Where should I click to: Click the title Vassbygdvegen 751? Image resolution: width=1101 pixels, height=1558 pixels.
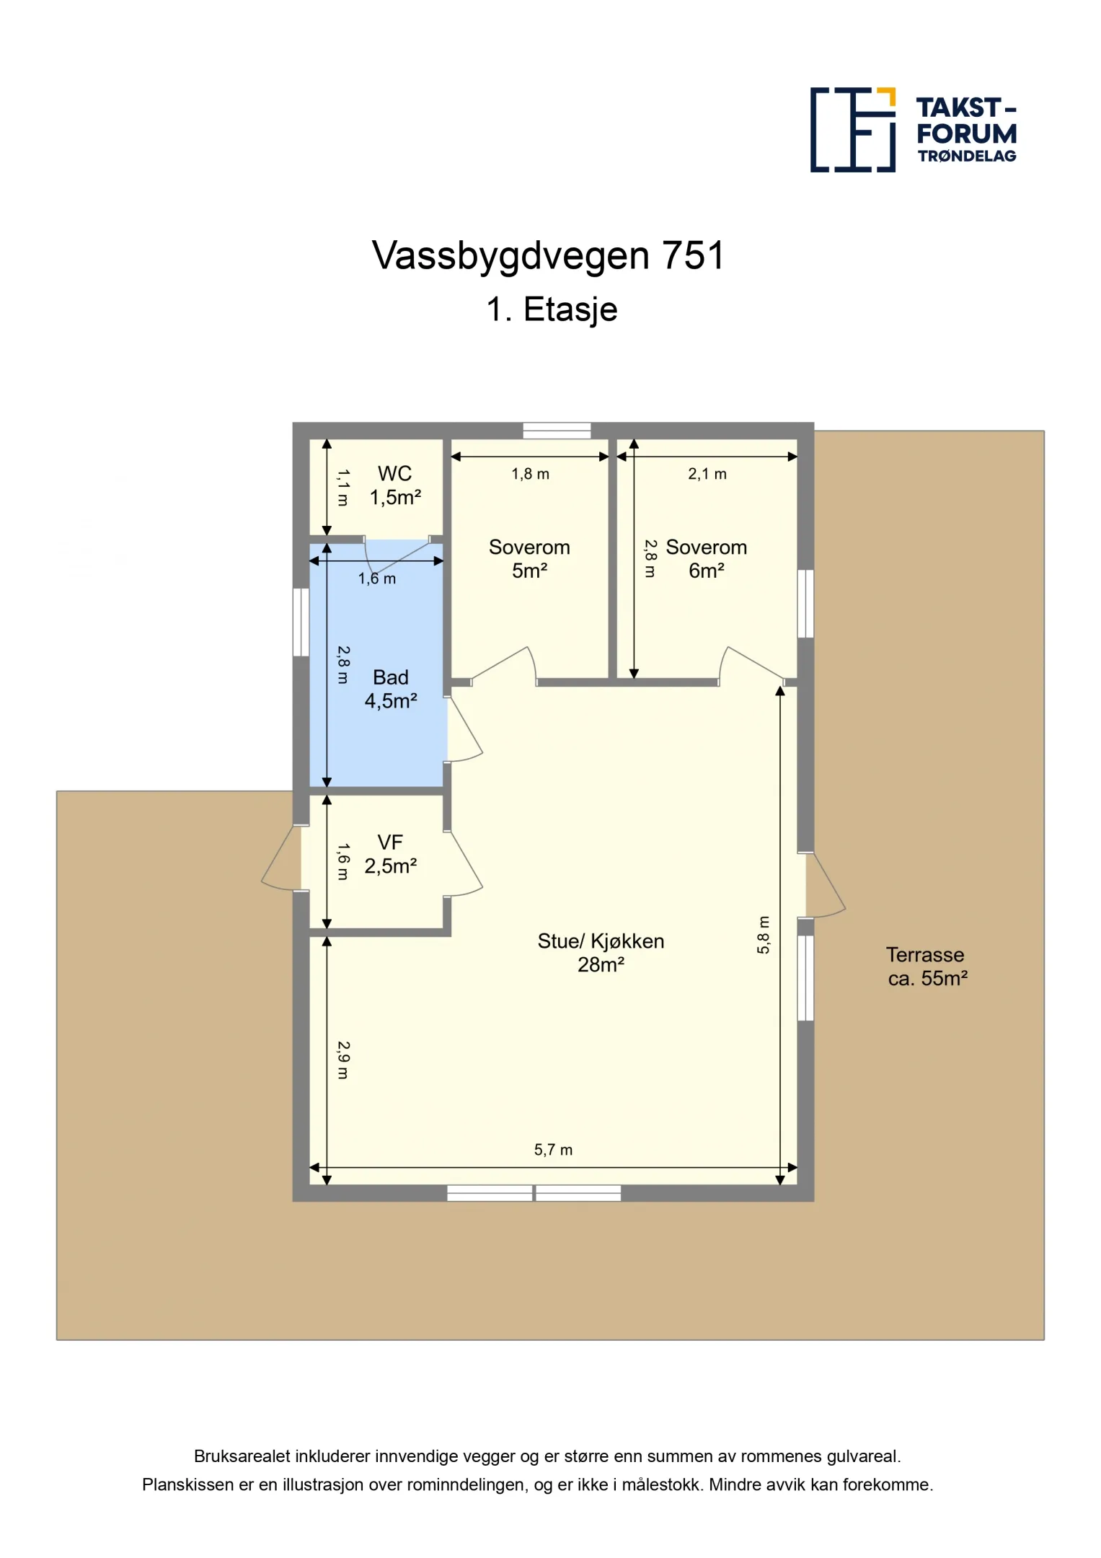[x=548, y=255]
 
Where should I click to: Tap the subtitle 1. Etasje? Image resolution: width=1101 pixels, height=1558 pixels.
[x=552, y=309]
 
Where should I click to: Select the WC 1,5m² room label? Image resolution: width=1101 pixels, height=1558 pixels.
[x=394, y=485]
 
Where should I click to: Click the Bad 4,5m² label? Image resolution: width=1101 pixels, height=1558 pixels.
[x=390, y=689]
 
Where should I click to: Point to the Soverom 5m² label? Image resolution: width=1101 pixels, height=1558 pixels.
[x=529, y=559]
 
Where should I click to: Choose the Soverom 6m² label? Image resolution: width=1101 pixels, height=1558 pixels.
[x=706, y=559]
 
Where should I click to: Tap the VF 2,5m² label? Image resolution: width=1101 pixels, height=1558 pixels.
[x=390, y=854]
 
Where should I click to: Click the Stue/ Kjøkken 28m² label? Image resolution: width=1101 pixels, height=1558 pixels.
[x=601, y=952]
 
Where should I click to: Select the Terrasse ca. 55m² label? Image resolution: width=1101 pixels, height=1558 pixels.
[x=927, y=967]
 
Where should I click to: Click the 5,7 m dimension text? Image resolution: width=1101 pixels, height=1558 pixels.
[x=553, y=1150]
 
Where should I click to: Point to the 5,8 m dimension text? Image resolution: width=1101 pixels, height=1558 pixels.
[x=764, y=935]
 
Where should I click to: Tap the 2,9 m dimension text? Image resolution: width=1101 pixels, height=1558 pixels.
[x=343, y=1060]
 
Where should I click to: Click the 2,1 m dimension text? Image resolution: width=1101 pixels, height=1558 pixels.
[x=707, y=474]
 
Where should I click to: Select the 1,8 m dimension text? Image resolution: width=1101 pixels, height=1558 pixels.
[x=530, y=474]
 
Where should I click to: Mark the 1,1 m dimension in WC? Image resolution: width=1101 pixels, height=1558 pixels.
[x=343, y=488]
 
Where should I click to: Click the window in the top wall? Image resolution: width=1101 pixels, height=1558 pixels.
[x=557, y=431]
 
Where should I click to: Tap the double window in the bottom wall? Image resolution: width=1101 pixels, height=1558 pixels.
[x=534, y=1193]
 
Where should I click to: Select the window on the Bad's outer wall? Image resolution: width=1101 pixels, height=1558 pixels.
[x=301, y=622]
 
